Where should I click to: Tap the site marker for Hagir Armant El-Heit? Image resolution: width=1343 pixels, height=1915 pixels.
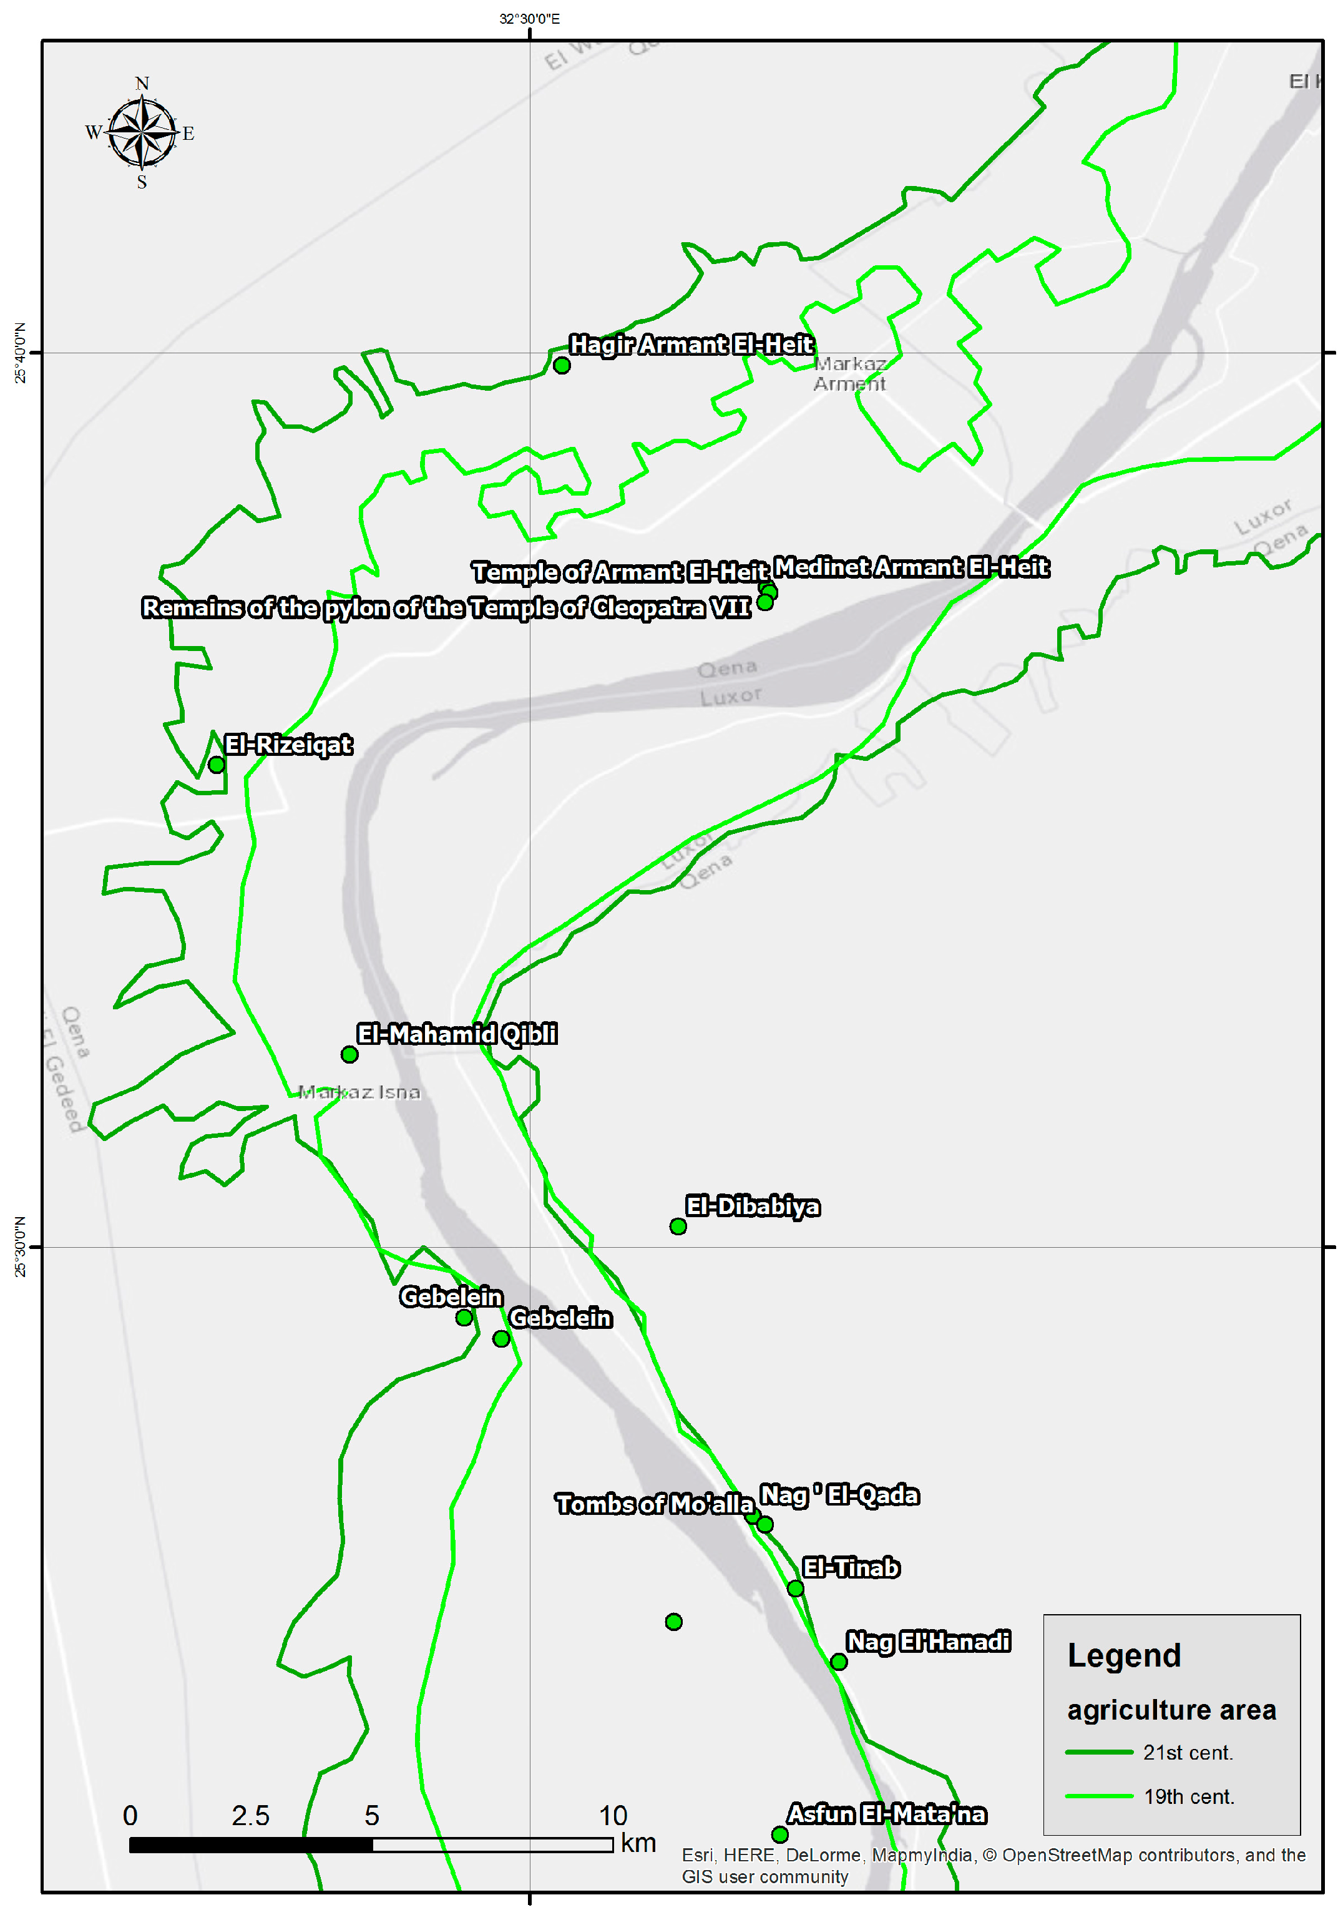coord(562,365)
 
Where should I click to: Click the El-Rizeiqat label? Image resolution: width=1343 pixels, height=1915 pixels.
coord(288,744)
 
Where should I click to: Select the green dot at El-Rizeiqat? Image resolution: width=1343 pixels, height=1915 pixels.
coord(216,764)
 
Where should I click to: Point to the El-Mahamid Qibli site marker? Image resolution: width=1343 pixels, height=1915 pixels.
coord(349,1054)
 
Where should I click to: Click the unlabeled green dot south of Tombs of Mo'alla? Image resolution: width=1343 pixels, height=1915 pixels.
coord(674,1622)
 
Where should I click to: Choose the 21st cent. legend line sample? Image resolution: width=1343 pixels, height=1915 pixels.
coord(1098,1752)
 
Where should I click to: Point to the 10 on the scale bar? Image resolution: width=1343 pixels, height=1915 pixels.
coord(613,1815)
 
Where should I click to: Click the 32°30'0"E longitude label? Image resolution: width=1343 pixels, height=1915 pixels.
coord(530,18)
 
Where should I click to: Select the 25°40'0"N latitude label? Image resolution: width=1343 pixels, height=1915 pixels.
coord(20,353)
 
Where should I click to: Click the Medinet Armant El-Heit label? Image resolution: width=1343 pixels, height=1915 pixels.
coord(911,567)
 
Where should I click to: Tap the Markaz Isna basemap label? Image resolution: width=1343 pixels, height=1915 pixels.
coord(360,1092)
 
